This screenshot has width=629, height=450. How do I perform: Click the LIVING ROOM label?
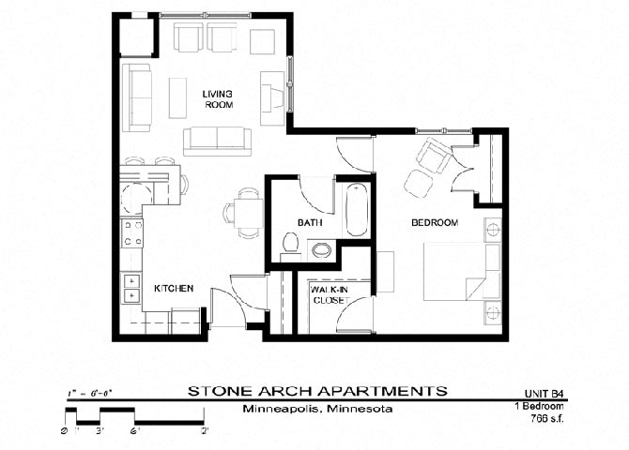point(218,98)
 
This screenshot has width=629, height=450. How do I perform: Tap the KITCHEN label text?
point(174,289)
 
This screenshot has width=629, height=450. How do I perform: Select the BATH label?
point(310,222)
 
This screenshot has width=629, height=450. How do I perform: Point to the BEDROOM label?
point(434,222)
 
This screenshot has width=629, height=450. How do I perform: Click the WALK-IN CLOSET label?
point(329,295)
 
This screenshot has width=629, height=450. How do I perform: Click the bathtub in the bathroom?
point(357,210)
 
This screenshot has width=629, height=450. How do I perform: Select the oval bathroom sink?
point(321,249)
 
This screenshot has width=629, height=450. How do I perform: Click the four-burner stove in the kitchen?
point(132,232)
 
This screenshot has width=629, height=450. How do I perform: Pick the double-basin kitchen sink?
point(130,288)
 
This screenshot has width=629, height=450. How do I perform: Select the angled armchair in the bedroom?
point(435,156)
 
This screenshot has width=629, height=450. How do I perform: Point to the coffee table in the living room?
point(178,97)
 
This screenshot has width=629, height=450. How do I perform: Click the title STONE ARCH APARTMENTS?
point(316,390)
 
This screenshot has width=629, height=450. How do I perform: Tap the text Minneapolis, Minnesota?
point(316,410)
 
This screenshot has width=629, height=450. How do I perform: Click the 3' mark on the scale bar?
point(100,431)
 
